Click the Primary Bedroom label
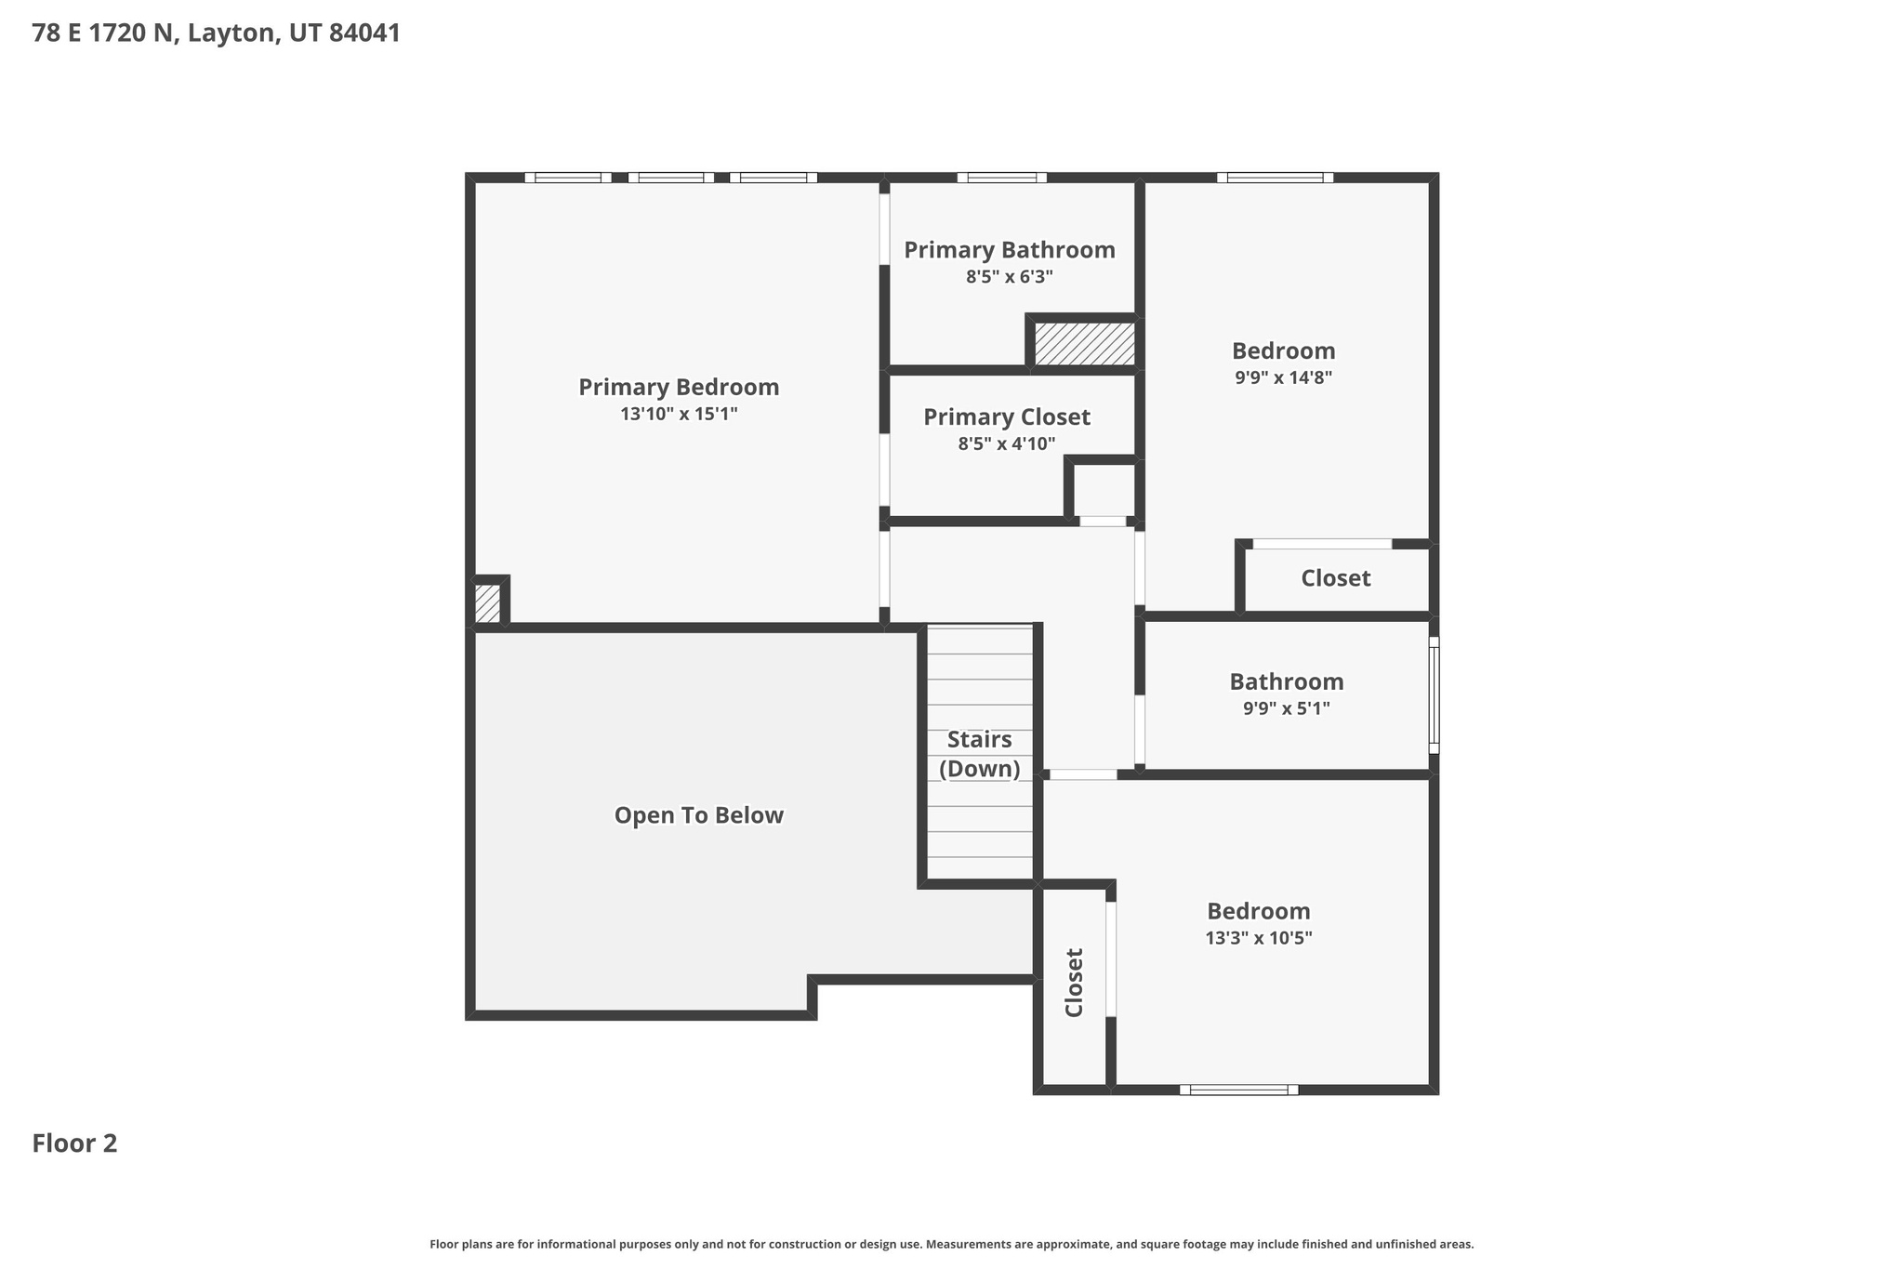pos(679,387)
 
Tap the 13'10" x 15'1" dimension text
pos(679,414)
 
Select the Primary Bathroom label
pos(1010,250)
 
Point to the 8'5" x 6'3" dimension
pos(1010,276)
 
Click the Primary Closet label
pos(1007,417)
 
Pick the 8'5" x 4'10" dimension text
pos(1007,444)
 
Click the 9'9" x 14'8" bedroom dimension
pos(1283,377)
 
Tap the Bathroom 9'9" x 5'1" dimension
pos(1287,708)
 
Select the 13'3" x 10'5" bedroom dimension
pos(1259,938)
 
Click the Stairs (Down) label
pos(980,754)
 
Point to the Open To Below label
pos(699,815)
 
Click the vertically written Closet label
pos(1075,983)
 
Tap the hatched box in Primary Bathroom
pos(1085,344)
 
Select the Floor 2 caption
pos(75,1143)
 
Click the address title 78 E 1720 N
pos(216,33)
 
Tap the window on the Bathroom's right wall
pos(1434,694)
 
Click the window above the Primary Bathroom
pos(1001,178)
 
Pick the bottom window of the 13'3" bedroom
pos(1238,1090)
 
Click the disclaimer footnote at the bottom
pos(951,1244)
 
